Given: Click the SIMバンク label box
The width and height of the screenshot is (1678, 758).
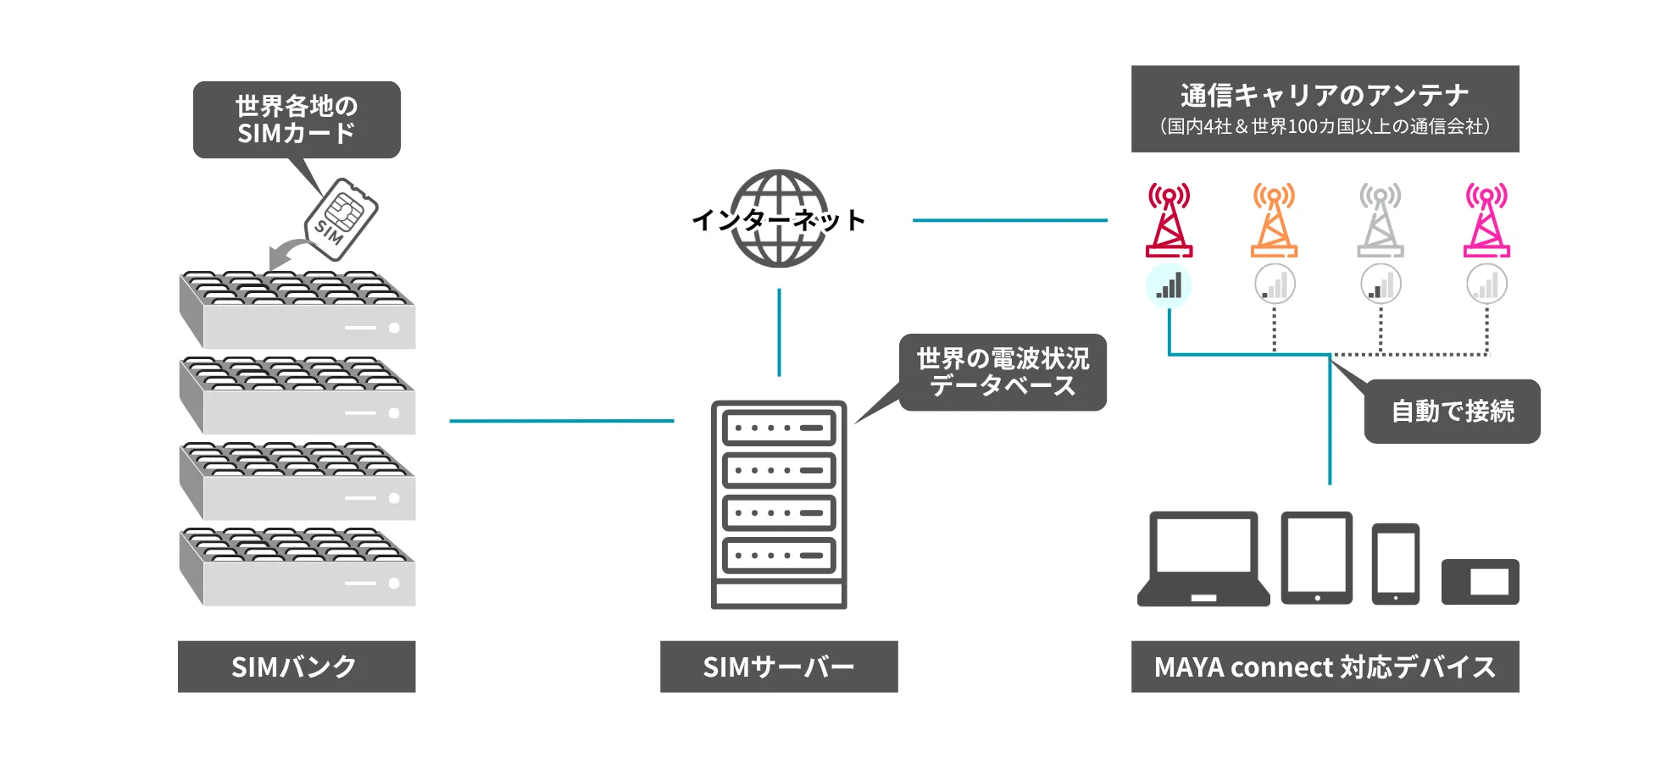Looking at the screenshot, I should (x=296, y=667).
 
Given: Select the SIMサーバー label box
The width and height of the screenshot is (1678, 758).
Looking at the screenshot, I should (x=778, y=667).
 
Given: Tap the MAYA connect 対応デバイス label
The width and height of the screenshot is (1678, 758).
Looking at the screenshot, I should (x=1325, y=667).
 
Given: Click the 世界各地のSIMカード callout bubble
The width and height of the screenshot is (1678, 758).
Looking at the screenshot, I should (x=297, y=119).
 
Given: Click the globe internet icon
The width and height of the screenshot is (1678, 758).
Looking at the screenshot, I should (x=779, y=219).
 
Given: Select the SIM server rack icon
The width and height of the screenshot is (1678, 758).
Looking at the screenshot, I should (x=779, y=504).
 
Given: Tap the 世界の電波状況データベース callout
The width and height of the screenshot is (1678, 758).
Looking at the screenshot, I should (x=1003, y=373).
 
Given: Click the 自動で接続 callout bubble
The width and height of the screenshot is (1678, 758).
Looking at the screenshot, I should (x=1452, y=412).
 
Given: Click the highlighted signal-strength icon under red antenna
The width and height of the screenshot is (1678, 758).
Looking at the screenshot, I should (x=1169, y=286).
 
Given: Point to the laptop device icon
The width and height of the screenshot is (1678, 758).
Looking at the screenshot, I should (x=1203, y=559).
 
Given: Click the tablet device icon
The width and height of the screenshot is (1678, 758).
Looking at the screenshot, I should (x=1316, y=557).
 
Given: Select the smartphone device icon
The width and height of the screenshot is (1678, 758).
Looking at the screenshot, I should (x=1395, y=564).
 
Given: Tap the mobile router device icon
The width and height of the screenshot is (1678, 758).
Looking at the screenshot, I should (x=1480, y=582).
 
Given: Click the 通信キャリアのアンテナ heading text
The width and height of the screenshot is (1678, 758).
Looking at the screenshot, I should (x=1325, y=95).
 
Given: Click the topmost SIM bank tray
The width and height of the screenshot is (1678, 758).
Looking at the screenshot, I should (x=297, y=310).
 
